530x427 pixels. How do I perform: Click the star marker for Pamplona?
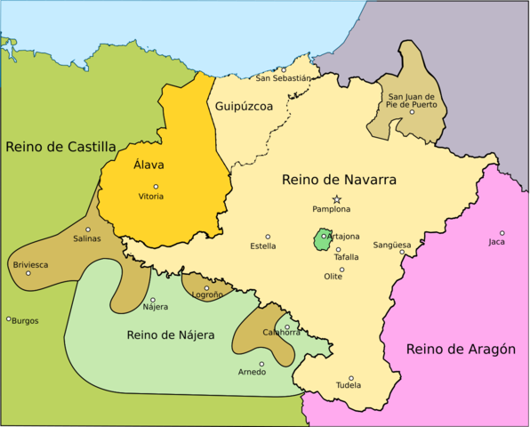336,199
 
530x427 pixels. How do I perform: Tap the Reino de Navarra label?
339,180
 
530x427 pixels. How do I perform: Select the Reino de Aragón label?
461,349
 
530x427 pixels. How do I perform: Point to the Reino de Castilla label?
60,146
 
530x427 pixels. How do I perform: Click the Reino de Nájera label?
171,334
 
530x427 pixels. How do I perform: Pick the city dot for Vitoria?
156,187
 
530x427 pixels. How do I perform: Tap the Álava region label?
149,165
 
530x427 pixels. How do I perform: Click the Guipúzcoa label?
243,106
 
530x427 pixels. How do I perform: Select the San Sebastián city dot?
284,69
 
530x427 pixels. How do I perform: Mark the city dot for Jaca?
502,233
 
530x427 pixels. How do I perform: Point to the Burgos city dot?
9,318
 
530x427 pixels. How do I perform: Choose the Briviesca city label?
30,264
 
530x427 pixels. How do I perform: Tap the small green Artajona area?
321,239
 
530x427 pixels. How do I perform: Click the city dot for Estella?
268,237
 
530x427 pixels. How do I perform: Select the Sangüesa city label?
392,244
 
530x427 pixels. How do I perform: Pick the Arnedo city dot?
261,363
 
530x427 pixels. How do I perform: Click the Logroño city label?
207,295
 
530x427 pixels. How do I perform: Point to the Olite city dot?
341,270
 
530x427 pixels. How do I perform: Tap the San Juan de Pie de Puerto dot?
413,111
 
